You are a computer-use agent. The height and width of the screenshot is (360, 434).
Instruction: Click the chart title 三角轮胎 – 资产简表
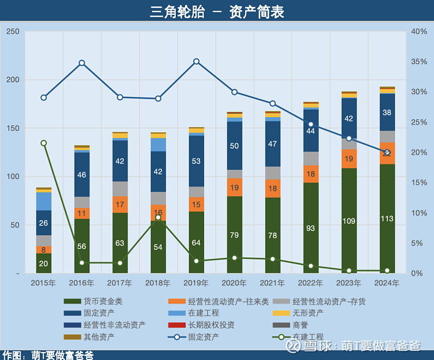pyautogui.click(x=217, y=11)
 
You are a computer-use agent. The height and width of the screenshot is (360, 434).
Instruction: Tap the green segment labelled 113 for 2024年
pyautogui.click(x=387, y=218)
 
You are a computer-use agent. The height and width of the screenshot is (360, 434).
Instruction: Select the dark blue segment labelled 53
pyautogui.click(x=196, y=161)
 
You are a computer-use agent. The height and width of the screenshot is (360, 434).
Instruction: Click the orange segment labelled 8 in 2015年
pyautogui.click(x=44, y=250)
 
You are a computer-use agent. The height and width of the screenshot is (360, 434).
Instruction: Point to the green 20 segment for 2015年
pyautogui.click(x=44, y=263)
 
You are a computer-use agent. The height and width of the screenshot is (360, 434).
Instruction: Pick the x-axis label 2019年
pyautogui.click(x=196, y=283)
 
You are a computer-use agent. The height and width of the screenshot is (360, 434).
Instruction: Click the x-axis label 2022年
pyautogui.click(x=310, y=283)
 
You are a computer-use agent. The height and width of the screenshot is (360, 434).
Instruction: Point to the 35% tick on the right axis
pyautogui.click(x=419, y=62)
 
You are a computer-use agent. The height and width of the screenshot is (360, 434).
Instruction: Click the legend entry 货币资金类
pyautogui.click(x=95, y=301)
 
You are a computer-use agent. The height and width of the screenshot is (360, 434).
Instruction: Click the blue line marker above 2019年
pyautogui.click(x=196, y=61)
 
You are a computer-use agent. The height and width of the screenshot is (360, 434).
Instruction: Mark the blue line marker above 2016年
pyautogui.click(x=82, y=63)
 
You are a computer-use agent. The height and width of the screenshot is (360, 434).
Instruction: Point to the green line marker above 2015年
pyautogui.click(x=44, y=143)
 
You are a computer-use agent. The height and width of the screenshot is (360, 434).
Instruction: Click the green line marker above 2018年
pyautogui.click(x=158, y=217)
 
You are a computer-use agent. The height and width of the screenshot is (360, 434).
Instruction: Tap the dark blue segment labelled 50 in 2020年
pyautogui.click(x=234, y=146)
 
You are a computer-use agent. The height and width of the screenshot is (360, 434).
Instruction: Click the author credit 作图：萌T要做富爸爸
pyautogui.click(x=48, y=355)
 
